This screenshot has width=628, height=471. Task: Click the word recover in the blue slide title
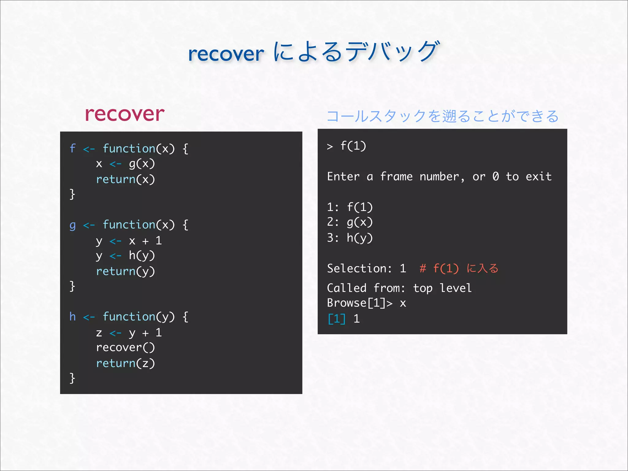tap(226, 54)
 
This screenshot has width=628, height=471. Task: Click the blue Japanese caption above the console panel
tap(442, 116)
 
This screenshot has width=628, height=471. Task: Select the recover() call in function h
tap(125, 347)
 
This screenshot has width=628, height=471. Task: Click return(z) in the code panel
tap(125, 363)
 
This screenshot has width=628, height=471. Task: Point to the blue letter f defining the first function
tap(72, 148)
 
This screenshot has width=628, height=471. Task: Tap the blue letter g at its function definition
tap(72, 225)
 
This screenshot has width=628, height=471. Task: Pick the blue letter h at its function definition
tap(72, 316)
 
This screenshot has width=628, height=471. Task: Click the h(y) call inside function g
tap(142, 256)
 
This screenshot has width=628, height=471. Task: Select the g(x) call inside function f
tap(142, 164)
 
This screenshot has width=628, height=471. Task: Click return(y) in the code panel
tap(125, 271)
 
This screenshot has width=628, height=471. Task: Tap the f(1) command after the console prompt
tap(353, 146)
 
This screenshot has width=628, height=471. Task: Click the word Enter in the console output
tap(343, 177)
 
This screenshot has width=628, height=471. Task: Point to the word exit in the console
tap(538, 177)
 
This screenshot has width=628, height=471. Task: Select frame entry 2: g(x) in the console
tap(350, 222)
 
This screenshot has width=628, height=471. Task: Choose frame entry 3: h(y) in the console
tap(350, 238)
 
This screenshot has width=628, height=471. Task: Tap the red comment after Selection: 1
tap(459, 269)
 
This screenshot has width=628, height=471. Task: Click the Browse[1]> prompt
tap(359, 303)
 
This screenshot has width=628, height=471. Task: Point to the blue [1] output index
tap(336, 319)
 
